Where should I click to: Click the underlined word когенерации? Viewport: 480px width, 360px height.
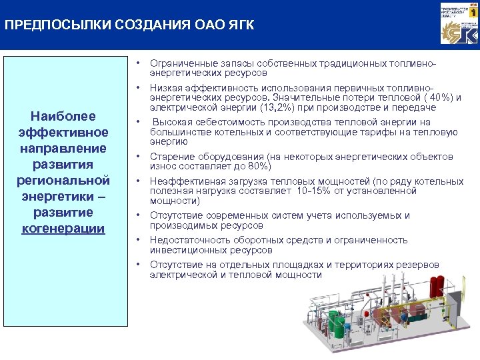[x=65, y=228]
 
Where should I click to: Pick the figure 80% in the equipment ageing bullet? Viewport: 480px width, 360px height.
[x=256, y=166]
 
